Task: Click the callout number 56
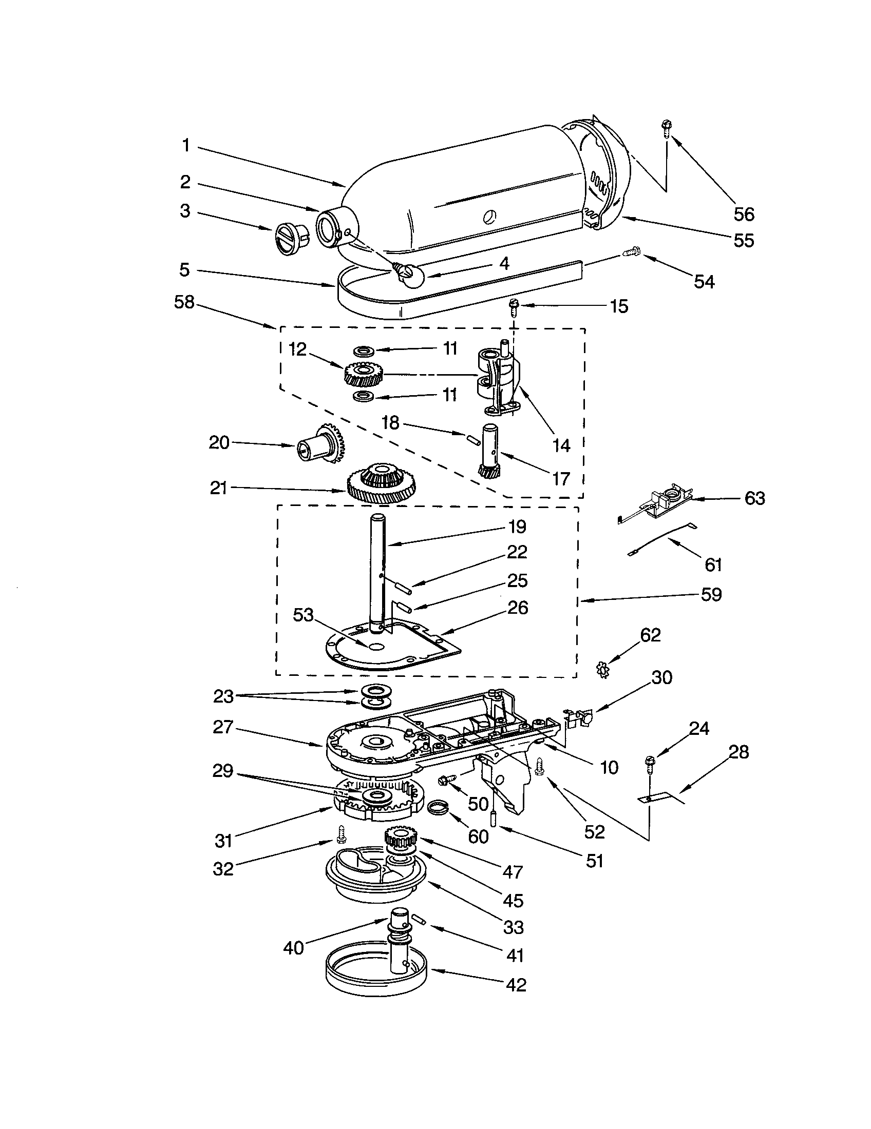[x=744, y=214]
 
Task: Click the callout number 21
[x=218, y=488]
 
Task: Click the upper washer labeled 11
[x=364, y=352]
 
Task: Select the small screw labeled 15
[x=514, y=306]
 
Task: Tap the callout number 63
[x=754, y=498]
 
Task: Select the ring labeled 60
[x=439, y=807]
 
